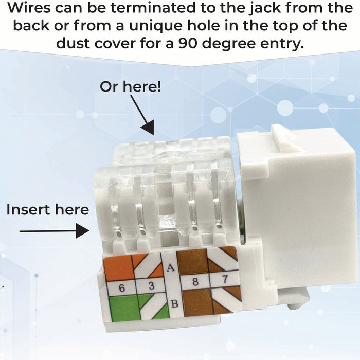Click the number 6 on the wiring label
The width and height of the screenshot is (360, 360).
121,288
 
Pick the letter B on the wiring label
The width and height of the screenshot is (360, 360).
174,303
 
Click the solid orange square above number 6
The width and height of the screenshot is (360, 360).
118,268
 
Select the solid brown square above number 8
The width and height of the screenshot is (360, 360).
191,262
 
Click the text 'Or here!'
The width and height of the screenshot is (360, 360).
130,86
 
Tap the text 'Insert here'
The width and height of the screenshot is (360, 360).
47,210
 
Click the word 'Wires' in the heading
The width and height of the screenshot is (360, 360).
33,9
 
